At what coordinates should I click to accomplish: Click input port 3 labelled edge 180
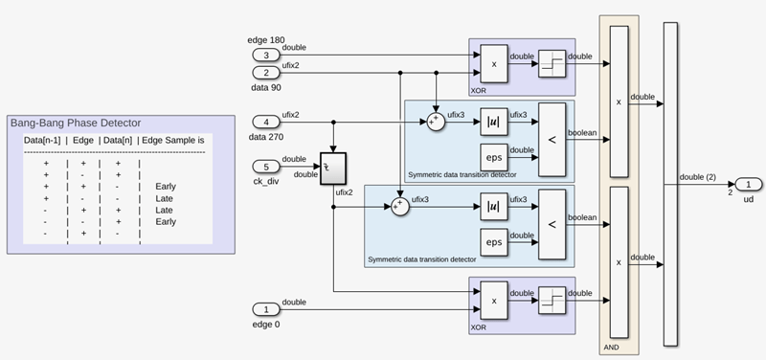(x=266, y=55)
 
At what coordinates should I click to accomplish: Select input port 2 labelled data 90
(x=266, y=72)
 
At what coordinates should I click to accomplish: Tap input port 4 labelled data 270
(x=266, y=123)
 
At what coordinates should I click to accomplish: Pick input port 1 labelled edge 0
(x=266, y=308)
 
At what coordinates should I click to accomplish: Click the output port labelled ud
(x=748, y=184)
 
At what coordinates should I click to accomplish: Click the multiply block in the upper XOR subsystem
(x=494, y=63)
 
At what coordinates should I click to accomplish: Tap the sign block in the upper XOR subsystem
(x=552, y=63)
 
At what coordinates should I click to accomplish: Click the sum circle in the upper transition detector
(x=436, y=123)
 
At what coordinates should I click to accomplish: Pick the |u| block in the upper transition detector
(x=494, y=123)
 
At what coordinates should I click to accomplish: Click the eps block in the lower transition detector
(x=494, y=242)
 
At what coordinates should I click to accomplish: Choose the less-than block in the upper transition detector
(x=552, y=140)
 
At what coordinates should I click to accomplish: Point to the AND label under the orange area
(x=612, y=348)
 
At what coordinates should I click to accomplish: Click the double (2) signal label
(x=700, y=175)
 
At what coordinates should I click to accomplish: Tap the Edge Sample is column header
(x=174, y=141)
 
